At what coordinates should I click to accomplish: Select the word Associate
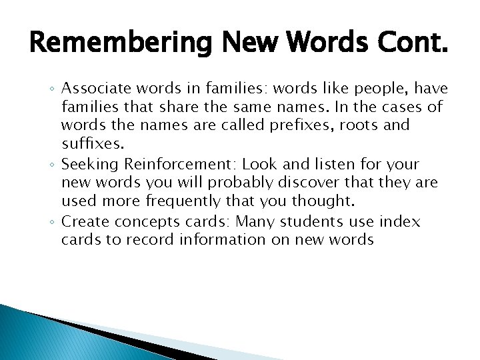coord(94,89)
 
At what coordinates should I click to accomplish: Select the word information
coord(224,239)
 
